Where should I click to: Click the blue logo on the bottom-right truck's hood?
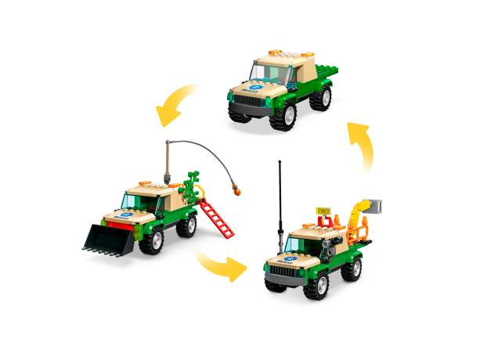[x=290, y=255]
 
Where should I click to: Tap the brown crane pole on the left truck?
[x=168, y=160]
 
